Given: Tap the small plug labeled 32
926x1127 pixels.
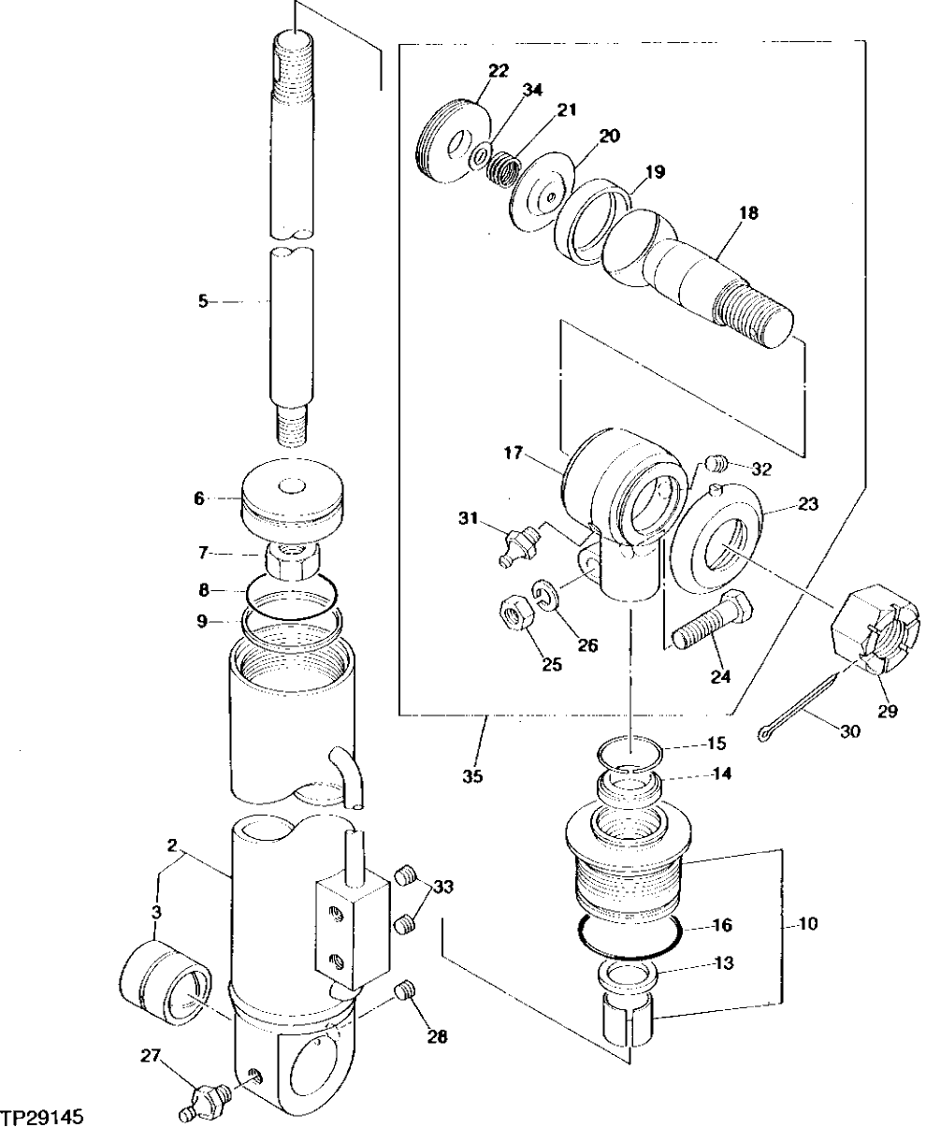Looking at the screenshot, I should tap(715, 463).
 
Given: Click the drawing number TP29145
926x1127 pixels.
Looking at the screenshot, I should tap(45, 1117).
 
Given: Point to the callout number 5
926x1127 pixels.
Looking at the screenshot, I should tap(202, 302).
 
